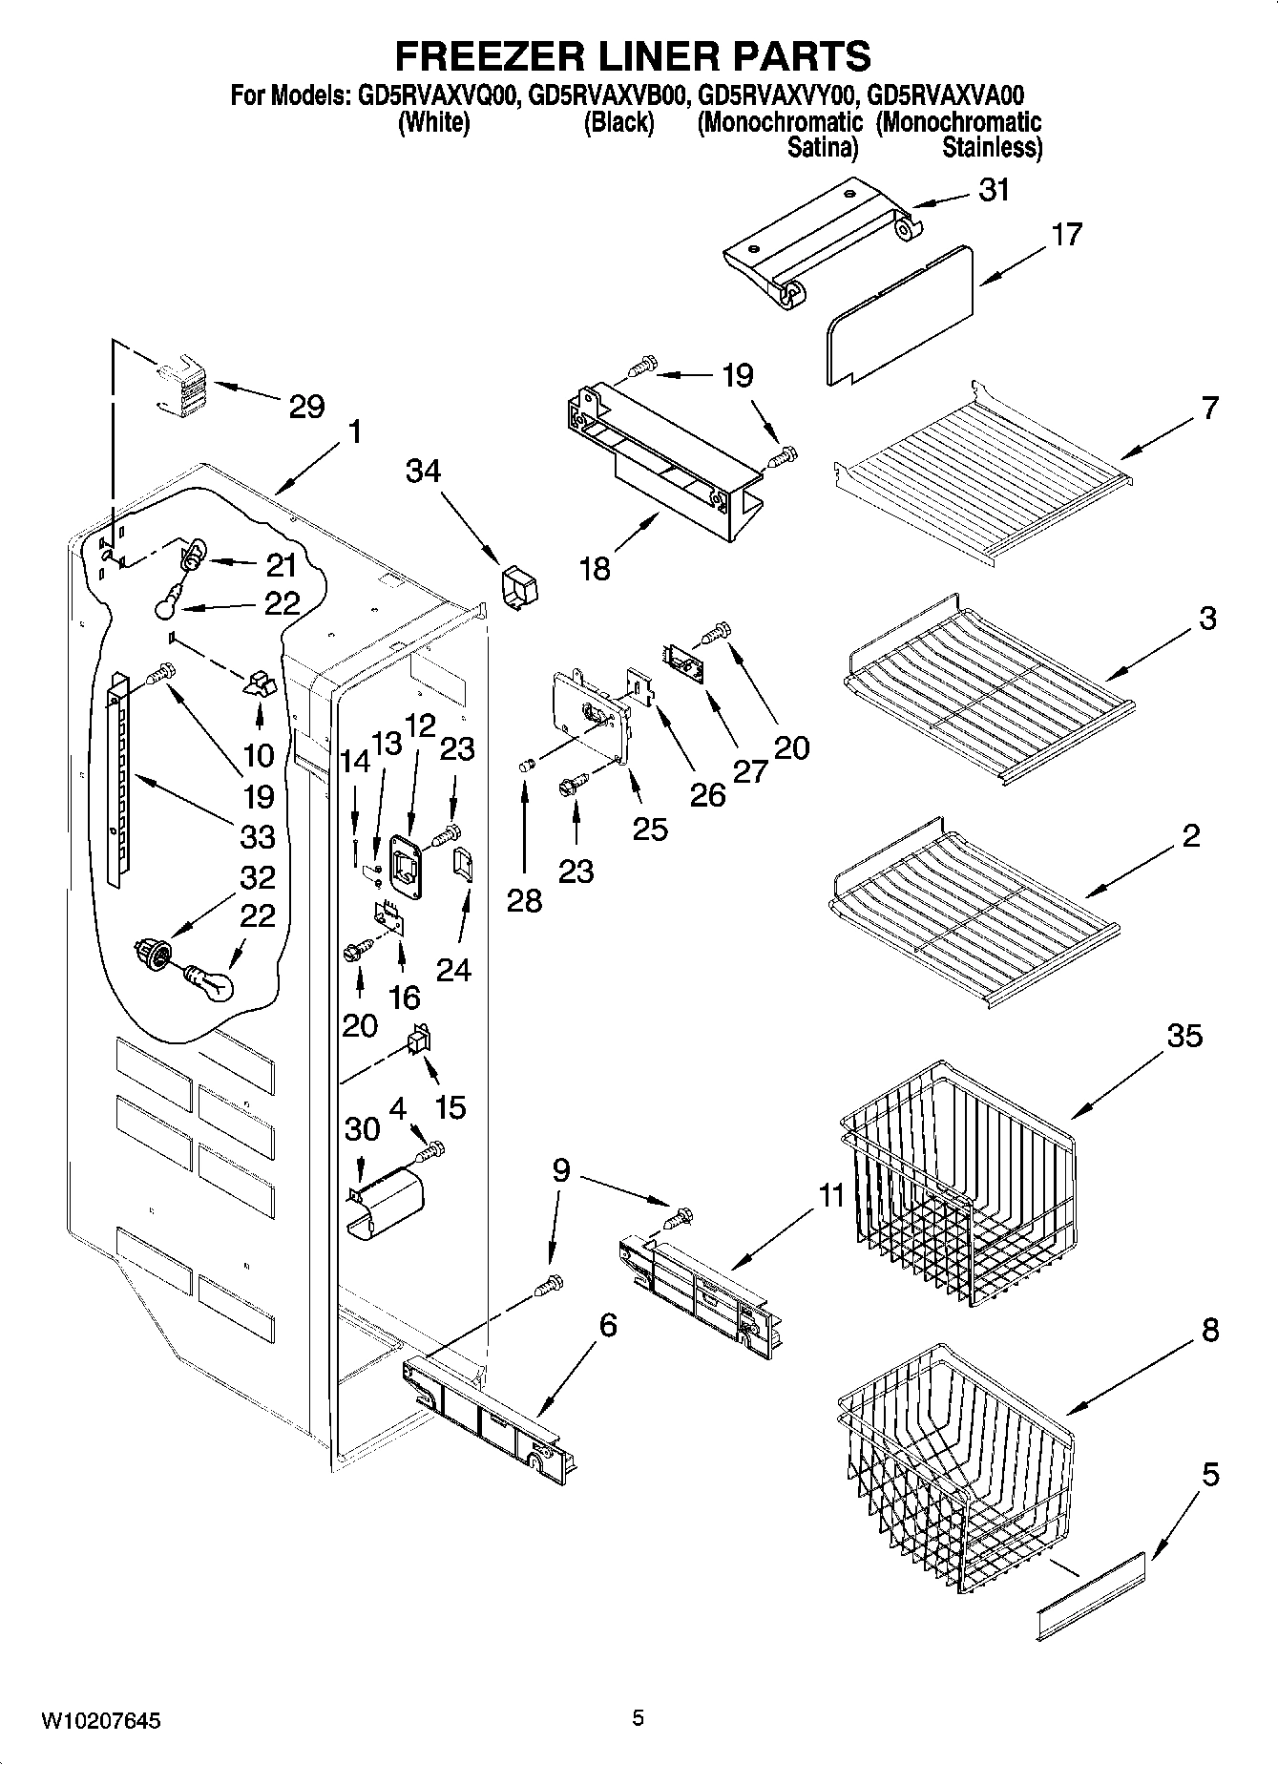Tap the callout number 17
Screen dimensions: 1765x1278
coord(1066,234)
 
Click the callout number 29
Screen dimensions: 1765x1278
coord(306,407)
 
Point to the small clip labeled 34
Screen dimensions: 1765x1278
coord(518,585)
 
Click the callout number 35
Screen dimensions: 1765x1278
coord(1184,1036)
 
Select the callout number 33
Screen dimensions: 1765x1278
coord(258,836)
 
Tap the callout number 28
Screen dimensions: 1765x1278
coord(524,900)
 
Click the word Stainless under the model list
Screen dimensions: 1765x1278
coord(991,148)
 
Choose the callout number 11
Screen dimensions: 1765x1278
coord(831,1194)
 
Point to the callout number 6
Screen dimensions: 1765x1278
coord(607,1325)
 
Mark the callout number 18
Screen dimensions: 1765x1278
coord(594,569)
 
